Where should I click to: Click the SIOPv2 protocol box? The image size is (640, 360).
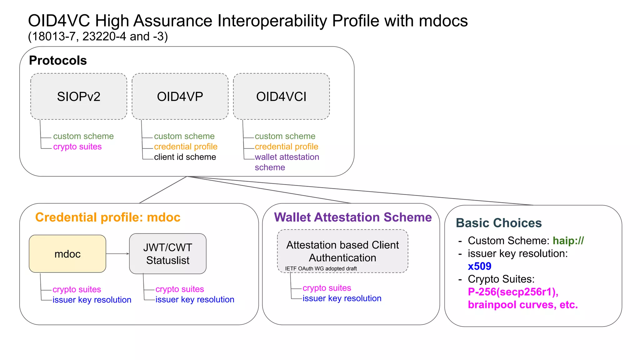pos(79,97)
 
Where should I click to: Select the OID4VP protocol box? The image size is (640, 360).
pos(180,97)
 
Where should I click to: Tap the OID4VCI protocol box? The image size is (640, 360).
pos(281,97)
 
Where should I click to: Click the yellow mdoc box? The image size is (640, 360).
pos(67,254)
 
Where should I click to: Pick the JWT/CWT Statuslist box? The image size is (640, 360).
pos(168,254)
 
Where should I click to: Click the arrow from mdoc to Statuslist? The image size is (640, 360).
pos(118,254)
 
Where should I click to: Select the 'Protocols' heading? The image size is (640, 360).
pos(58,60)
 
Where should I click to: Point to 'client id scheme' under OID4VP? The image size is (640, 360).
pos(185,157)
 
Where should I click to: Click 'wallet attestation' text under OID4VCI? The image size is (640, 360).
pos(287,157)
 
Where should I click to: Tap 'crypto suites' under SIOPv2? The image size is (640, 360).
pos(77,147)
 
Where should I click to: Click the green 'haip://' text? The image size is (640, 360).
pos(568,241)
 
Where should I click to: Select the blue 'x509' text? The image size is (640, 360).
pos(479,266)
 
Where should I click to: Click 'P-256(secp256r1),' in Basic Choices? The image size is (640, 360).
pos(513,292)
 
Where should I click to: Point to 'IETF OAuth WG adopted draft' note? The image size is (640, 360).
pos(321,268)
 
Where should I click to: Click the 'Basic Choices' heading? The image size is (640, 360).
pos(499,223)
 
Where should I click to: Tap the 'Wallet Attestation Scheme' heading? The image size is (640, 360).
pos(353,217)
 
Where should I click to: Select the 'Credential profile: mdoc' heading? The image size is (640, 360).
pos(108,217)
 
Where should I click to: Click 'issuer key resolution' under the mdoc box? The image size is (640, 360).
pos(92,300)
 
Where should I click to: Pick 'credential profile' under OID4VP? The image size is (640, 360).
pos(186,147)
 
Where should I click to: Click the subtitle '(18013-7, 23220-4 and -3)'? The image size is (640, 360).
pos(98,37)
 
